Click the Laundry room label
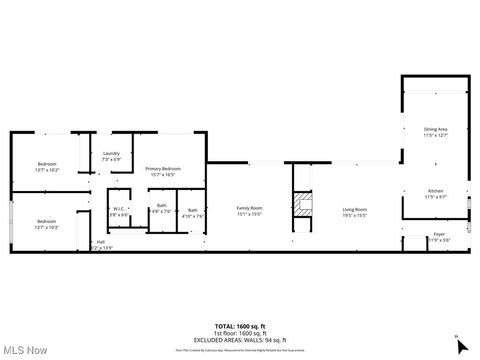pyautogui.click(x=112, y=155)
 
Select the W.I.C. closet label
pyautogui.click(x=118, y=209)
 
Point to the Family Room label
pyautogui.click(x=249, y=208)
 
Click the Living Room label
pyautogui.click(x=355, y=208)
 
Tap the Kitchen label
pyautogui.click(x=435, y=191)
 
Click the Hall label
pyautogui.click(x=101, y=242)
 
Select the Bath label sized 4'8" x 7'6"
pyautogui.click(x=161, y=207)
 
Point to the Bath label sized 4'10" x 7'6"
pyautogui.click(x=192, y=210)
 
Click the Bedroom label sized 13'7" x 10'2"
pyautogui.click(x=48, y=165)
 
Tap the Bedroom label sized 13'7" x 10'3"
pyautogui.click(x=48, y=222)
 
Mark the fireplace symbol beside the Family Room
pyautogui.click(x=302, y=209)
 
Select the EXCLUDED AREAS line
pyautogui.click(x=240, y=340)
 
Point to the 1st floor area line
pyautogui.click(x=240, y=334)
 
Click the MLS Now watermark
pyautogui.click(x=27, y=350)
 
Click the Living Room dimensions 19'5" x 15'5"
pyautogui.click(x=355, y=214)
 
